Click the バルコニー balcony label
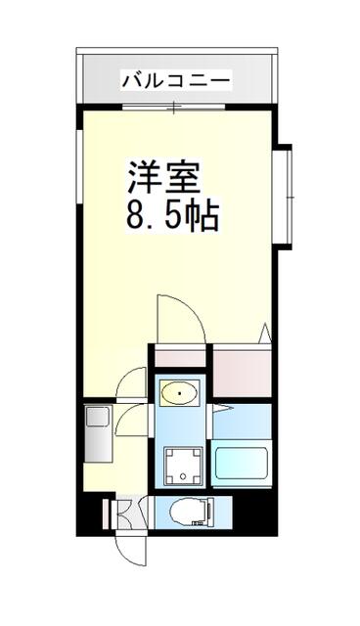coord(176,80)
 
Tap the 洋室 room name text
coord(163,176)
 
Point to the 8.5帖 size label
coord(172,216)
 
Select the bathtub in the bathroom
coord(241,463)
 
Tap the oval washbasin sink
coord(180,393)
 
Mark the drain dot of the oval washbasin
coord(180,393)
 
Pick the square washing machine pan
coord(183,465)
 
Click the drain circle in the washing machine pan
coord(183,475)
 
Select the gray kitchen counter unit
coord(98,433)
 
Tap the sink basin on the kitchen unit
coord(97,417)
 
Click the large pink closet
coord(243,374)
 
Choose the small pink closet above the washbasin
coord(180,358)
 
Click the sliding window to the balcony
coord(173,107)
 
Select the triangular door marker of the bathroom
coord(222,408)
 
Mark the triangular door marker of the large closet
coord(265,333)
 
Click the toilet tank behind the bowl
coord(208,512)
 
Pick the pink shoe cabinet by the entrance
coord(106,514)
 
